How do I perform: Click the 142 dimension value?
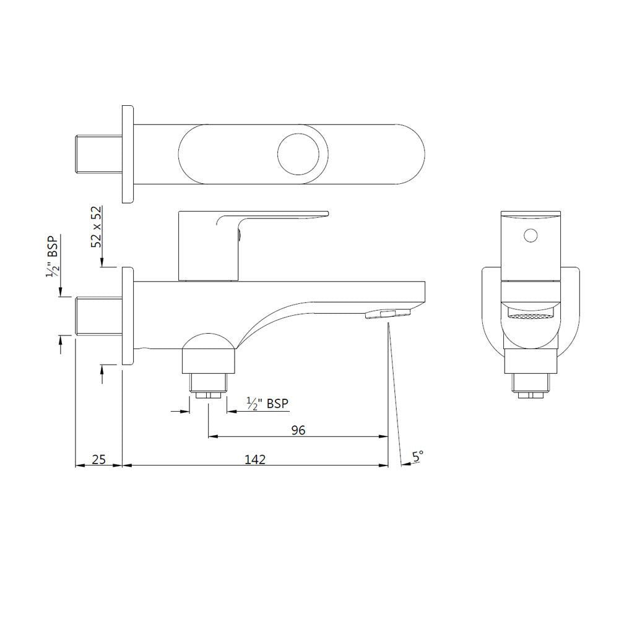click(x=255, y=459)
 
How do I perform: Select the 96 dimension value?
click(x=298, y=430)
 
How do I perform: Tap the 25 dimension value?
click(x=99, y=459)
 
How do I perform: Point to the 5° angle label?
click(x=418, y=456)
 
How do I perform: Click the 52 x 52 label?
click(x=97, y=227)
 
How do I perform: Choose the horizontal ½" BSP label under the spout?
click(x=267, y=404)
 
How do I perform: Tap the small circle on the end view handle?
click(x=530, y=235)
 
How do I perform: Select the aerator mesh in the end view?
click(x=530, y=315)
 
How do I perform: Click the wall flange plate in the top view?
click(x=128, y=154)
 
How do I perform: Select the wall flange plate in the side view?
click(x=128, y=316)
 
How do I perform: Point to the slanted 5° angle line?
click(x=394, y=390)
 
